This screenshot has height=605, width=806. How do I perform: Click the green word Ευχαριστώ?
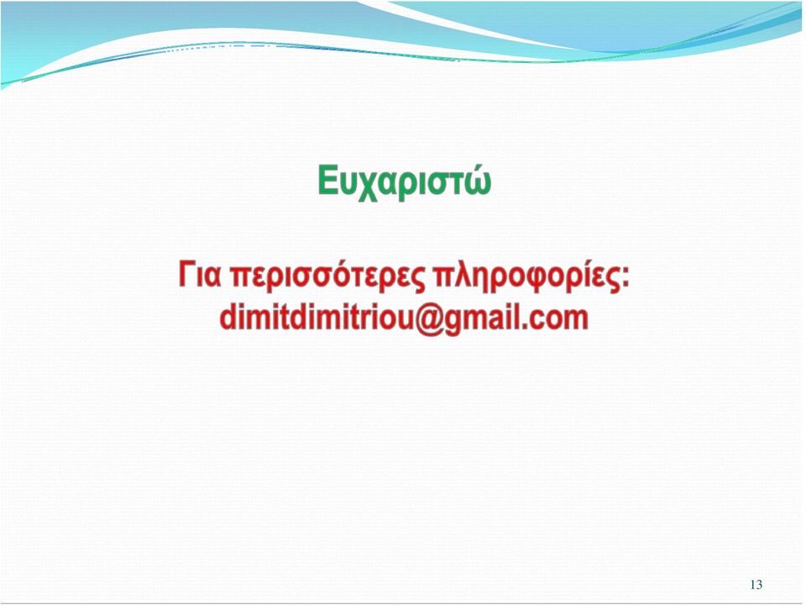coord(404,181)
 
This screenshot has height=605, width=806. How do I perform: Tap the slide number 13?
coord(756,585)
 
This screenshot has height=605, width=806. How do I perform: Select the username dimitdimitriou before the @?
coord(317,318)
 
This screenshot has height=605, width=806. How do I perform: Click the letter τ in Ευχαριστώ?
coord(454,184)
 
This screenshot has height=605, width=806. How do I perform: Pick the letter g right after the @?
coord(458,323)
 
